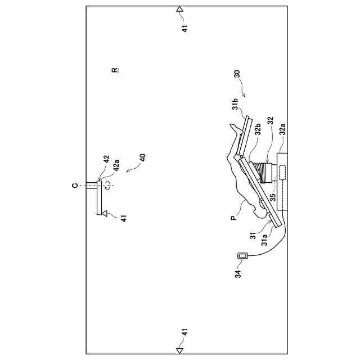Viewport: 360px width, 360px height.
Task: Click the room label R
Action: tap(115, 70)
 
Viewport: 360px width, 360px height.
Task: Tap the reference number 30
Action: tap(236, 74)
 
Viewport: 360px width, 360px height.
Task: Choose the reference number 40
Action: tap(142, 157)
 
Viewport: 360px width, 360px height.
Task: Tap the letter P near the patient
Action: tap(233, 215)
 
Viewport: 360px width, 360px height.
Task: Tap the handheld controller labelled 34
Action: tap(243, 256)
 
